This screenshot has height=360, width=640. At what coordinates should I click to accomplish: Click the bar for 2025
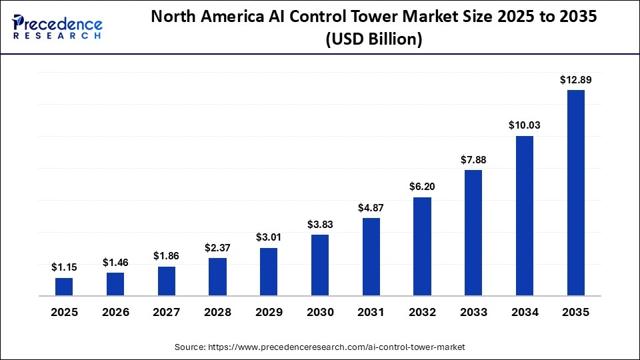(x=64, y=287)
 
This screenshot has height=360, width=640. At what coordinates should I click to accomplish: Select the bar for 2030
(x=320, y=265)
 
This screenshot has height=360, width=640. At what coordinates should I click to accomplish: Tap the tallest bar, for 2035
(x=576, y=193)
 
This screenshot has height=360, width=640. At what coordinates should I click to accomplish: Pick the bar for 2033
(x=473, y=233)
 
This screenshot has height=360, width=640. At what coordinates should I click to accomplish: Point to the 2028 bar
(x=217, y=277)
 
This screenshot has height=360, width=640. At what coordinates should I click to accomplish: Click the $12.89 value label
(x=576, y=80)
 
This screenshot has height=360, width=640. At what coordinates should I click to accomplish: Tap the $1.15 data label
(x=64, y=267)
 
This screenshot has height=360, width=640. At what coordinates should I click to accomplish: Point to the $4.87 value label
(x=371, y=207)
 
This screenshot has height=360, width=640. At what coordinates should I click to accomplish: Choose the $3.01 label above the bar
(x=269, y=237)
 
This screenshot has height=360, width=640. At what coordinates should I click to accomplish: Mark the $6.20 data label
(x=423, y=187)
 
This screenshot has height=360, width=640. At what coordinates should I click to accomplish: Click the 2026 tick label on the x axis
(x=115, y=312)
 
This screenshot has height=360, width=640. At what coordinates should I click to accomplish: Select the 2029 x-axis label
(x=269, y=312)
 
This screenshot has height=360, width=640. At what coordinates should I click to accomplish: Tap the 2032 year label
(x=423, y=312)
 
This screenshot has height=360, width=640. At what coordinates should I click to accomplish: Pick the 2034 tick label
(x=525, y=312)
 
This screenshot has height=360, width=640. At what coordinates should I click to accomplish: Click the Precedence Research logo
(x=57, y=27)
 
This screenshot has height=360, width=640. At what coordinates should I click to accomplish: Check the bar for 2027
(x=167, y=281)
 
